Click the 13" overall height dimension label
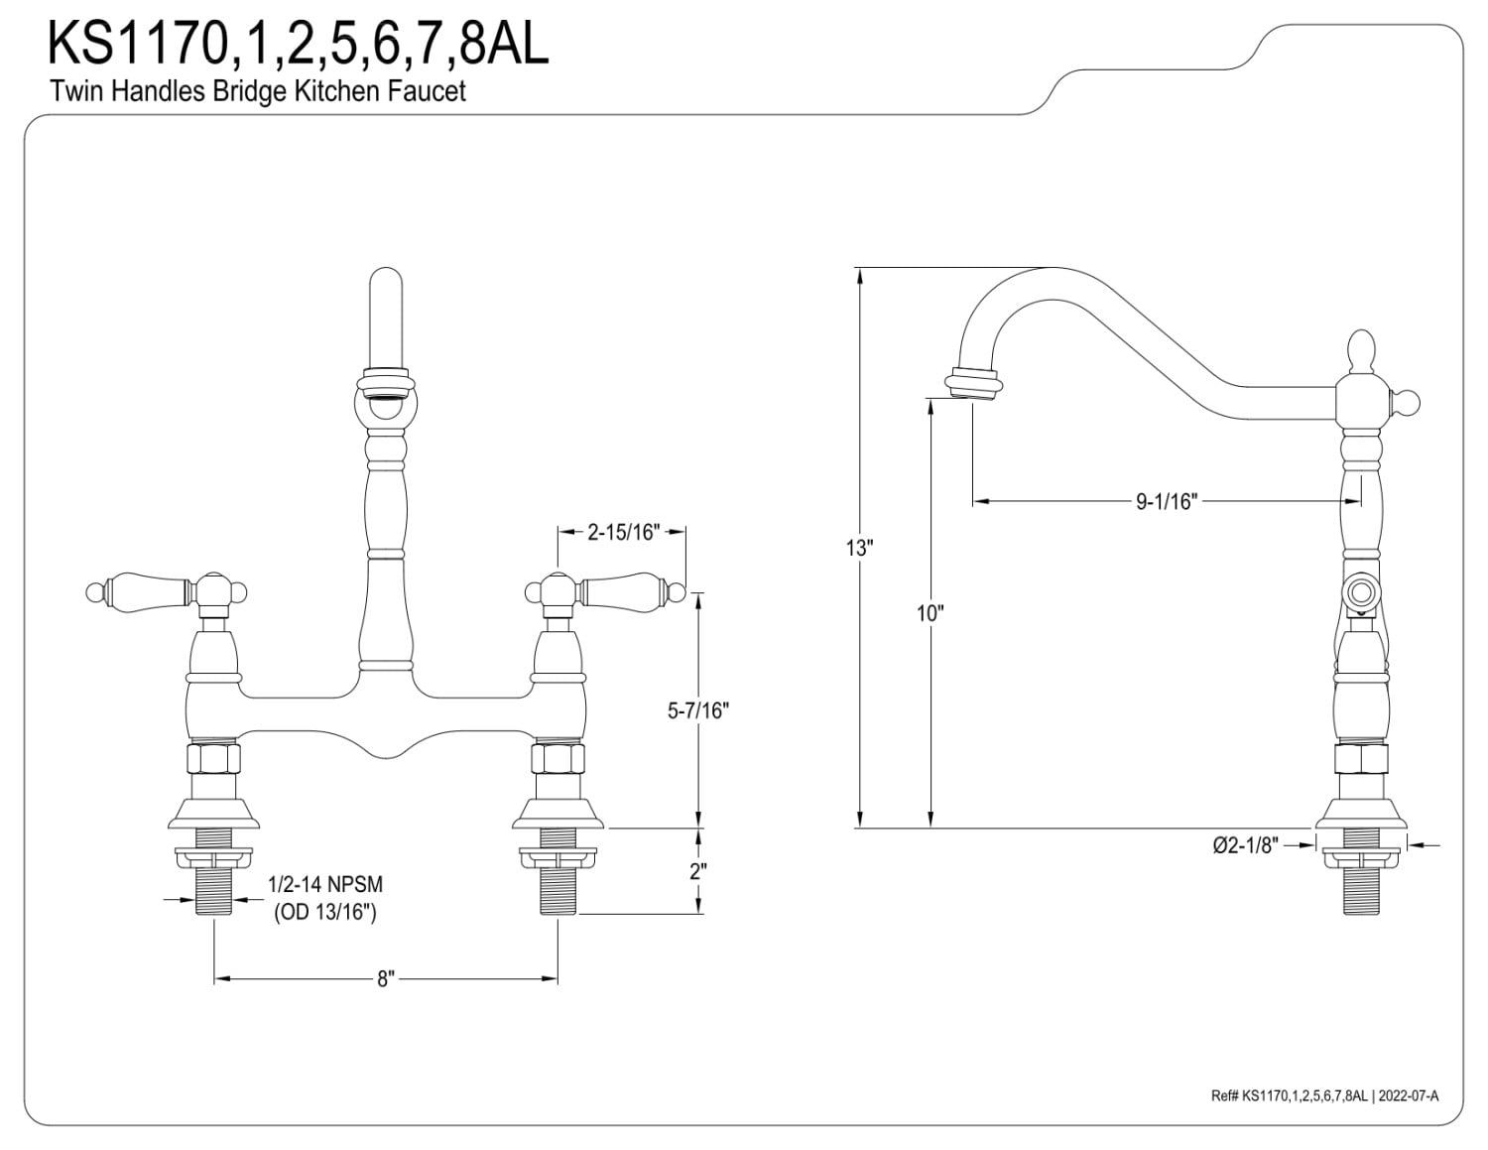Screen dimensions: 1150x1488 (x=859, y=547)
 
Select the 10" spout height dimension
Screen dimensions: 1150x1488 (x=929, y=613)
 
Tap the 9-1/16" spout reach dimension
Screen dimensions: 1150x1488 (x=1168, y=502)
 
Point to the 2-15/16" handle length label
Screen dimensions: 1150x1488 (x=623, y=532)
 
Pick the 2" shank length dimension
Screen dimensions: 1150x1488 (x=699, y=871)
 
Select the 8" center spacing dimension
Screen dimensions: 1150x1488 (x=386, y=979)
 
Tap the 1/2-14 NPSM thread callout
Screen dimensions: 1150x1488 (x=325, y=884)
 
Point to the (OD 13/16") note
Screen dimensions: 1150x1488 (x=325, y=912)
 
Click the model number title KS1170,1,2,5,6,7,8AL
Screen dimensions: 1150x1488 (x=298, y=45)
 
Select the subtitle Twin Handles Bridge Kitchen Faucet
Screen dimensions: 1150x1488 (x=258, y=92)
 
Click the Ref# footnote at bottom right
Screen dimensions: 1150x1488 (x=1324, y=1095)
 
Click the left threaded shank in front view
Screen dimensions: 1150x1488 (x=214, y=889)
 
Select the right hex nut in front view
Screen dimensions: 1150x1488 (x=558, y=759)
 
